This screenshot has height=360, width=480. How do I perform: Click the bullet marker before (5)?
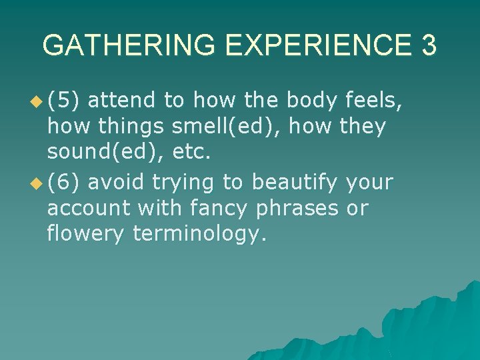[x=36, y=102]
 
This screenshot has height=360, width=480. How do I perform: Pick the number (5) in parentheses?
[x=64, y=101]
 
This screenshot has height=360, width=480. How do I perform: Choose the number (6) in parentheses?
[x=64, y=182]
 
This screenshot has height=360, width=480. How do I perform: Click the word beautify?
[x=294, y=182]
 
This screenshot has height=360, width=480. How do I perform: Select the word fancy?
[x=219, y=208]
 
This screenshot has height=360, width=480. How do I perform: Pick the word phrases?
[x=297, y=208]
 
